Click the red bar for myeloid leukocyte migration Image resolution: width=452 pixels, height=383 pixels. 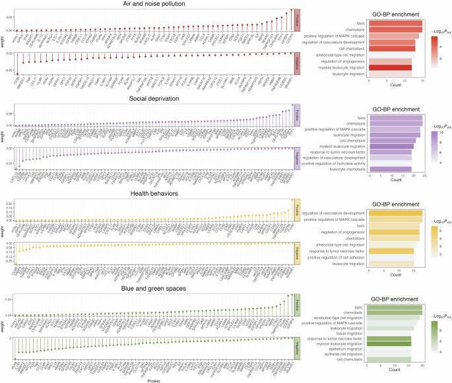click(390, 67)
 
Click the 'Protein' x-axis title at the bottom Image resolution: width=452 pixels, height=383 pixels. click(151, 380)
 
